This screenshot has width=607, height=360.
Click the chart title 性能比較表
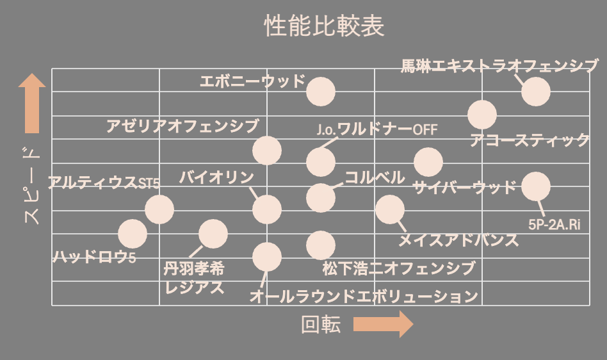pos(324,26)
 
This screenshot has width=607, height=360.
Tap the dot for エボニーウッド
pos(321,91)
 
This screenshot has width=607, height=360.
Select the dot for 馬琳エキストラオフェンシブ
pos(536,91)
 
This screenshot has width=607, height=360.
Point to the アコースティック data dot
pos(482,115)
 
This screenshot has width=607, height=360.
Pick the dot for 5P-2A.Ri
pos(536,186)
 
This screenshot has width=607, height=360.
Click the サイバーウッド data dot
pos(428,162)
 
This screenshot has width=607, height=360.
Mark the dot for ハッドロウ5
pos(133,233)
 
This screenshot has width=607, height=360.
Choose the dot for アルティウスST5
pos(159,209)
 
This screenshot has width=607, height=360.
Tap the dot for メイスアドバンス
pos(390,209)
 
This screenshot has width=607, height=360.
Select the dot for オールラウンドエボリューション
pos(267,257)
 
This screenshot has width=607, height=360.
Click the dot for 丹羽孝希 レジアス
pos(213,233)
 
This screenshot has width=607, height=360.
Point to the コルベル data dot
pos(321,197)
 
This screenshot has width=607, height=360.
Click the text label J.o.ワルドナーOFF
pos(376,130)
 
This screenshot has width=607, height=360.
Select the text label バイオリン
pos(216,177)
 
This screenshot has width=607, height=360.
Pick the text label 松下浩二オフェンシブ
pos(399,268)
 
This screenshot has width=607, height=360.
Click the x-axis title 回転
pos(321,325)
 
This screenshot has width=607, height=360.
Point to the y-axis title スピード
pos(31,186)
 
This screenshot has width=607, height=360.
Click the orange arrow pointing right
pos(383,325)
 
